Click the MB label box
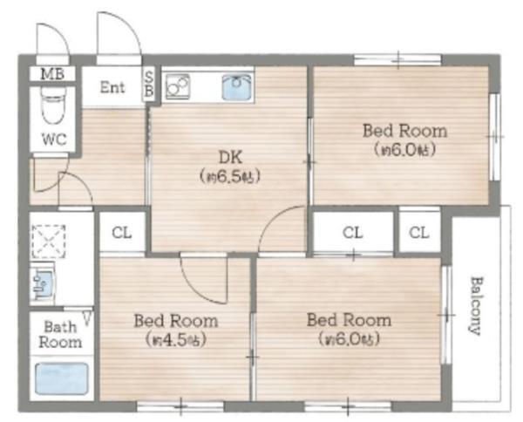pos(52,74)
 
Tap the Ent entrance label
pos(112,87)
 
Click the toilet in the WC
pos(53,105)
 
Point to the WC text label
pos(54,140)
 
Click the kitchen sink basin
pos(237,86)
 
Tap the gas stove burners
pos(178,86)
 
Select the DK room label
pos(230,157)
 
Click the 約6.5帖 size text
pos(230,176)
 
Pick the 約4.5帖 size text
pos(175,340)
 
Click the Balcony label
pos(474,305)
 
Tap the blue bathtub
pos(62,378)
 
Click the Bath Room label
pos(60,335)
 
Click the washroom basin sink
pos(44,283)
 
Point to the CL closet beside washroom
pos(122,233)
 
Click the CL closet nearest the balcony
pos(419,232)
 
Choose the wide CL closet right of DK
pos(353,232)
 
